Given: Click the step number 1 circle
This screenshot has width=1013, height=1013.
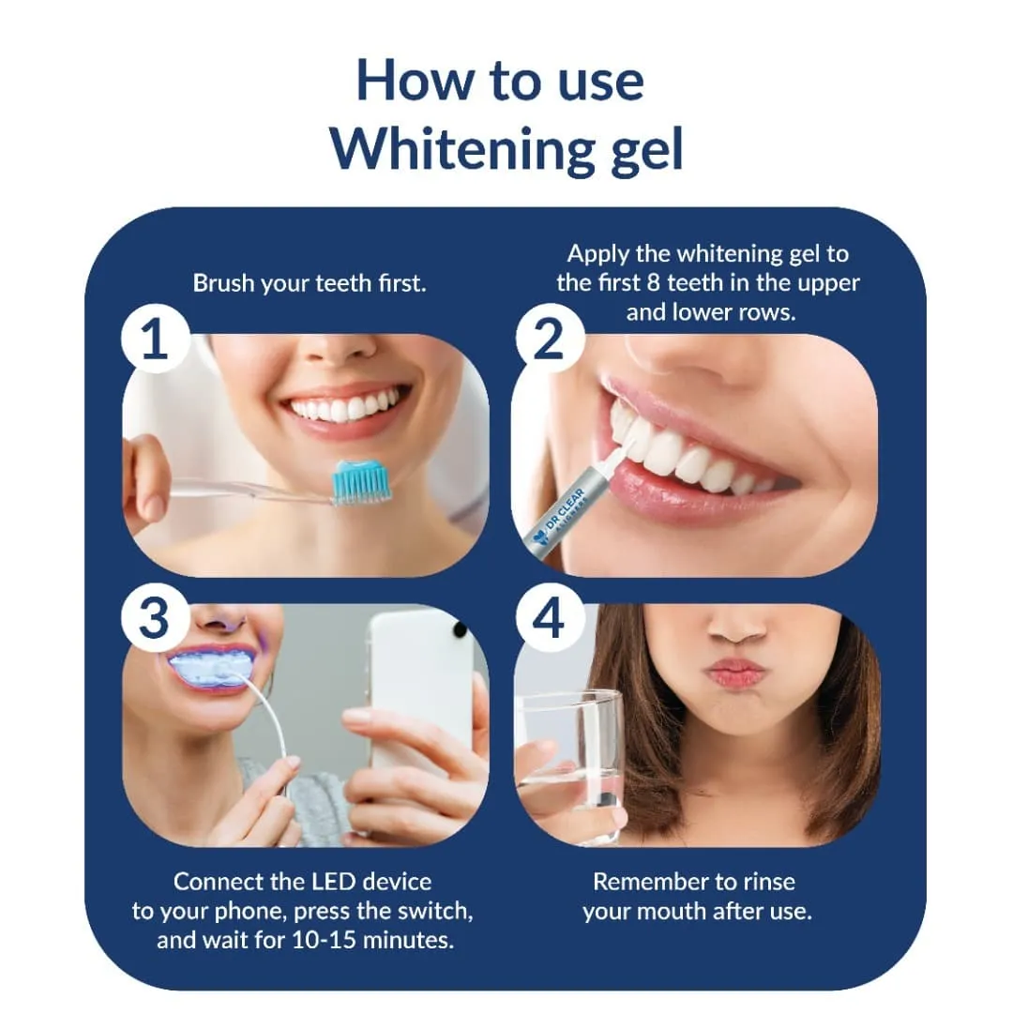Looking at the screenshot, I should coord(154,340).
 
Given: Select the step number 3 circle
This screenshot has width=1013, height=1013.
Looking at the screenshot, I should coord(154,619).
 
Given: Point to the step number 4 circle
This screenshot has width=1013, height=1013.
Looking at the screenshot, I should coord(547,619).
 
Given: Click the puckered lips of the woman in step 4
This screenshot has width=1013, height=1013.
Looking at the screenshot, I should coord(735,673).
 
